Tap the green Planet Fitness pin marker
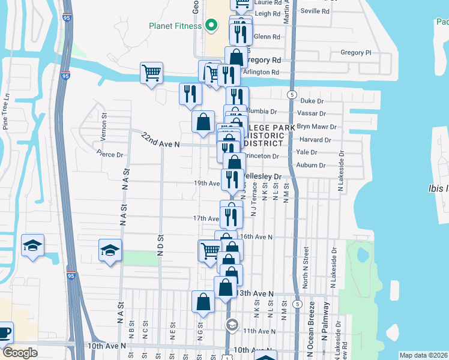(x=211, y=25)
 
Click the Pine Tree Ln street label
(x=7, y=111)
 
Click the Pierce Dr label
(x=110, y=155)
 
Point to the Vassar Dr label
(x=311, y=113)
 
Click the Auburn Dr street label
(x=311, y=165)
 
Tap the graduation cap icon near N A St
(x=110, y=250)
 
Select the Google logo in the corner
(x=20, y=353)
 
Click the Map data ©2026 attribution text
(x=424, y=355)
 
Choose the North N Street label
(x=306, y=261)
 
